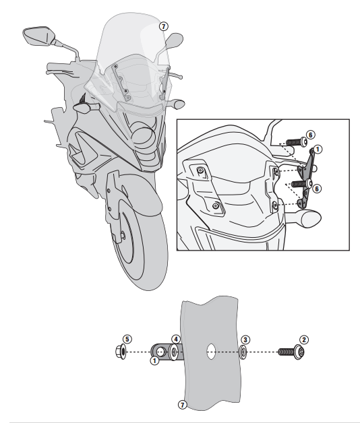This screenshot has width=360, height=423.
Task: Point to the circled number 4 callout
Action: point(175,338)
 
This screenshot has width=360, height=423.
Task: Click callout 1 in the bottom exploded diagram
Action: point(154,361)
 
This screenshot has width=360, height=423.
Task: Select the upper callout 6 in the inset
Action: point(311,135)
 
